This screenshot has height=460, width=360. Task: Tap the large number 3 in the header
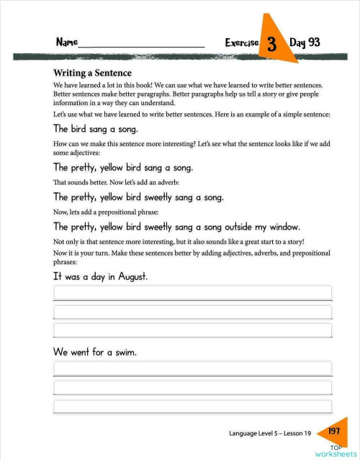[272, 44]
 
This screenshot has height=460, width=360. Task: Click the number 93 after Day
[314, 42]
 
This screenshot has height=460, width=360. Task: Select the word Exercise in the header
[241, 43]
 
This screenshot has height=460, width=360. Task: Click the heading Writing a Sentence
[92, 73]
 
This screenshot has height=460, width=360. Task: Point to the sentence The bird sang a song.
[95, 129]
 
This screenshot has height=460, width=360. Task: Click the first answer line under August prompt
[192, 292]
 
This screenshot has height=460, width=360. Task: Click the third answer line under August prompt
[192, 330]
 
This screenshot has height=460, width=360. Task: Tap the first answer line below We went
[192, 369]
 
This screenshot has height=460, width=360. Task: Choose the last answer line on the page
[192, 407]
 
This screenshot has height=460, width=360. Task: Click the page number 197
[333, 431]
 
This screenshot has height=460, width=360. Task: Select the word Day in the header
[297, 42]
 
